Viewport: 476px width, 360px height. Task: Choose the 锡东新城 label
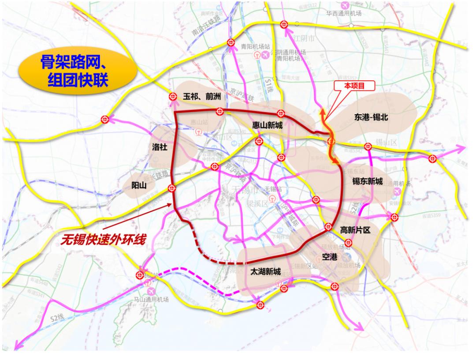click(x=367, y=181)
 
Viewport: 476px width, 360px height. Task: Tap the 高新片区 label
click(x=357, y=229)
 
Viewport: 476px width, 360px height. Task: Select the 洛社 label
click(x=160, y=148)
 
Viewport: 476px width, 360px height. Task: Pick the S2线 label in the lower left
click(x=56, y=317)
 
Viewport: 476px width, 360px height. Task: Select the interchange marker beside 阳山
click(x=172, y=189)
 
